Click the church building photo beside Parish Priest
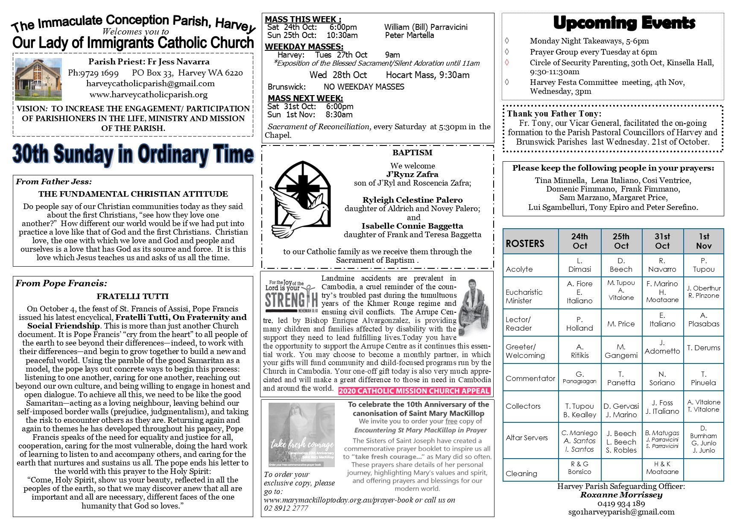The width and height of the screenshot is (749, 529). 38,79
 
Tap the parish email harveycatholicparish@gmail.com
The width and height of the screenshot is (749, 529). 150,84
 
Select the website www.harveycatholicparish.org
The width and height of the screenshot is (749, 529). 149,94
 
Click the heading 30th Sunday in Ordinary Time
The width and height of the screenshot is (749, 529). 133,154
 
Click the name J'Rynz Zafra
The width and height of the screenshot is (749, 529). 412,174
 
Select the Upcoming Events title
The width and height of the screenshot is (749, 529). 624,23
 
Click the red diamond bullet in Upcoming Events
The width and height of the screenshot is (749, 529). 507,62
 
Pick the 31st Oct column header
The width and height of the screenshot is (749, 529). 662,241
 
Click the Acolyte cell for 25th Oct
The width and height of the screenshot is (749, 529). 621,265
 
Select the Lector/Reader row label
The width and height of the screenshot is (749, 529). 519,324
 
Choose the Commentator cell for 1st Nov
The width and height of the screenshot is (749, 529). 703,378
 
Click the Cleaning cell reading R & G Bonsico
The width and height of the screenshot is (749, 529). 579,468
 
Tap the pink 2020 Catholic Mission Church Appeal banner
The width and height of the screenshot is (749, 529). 414,391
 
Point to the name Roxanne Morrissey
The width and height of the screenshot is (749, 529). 621,495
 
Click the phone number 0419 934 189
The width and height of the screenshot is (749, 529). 621,504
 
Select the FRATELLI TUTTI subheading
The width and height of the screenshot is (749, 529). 132,296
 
